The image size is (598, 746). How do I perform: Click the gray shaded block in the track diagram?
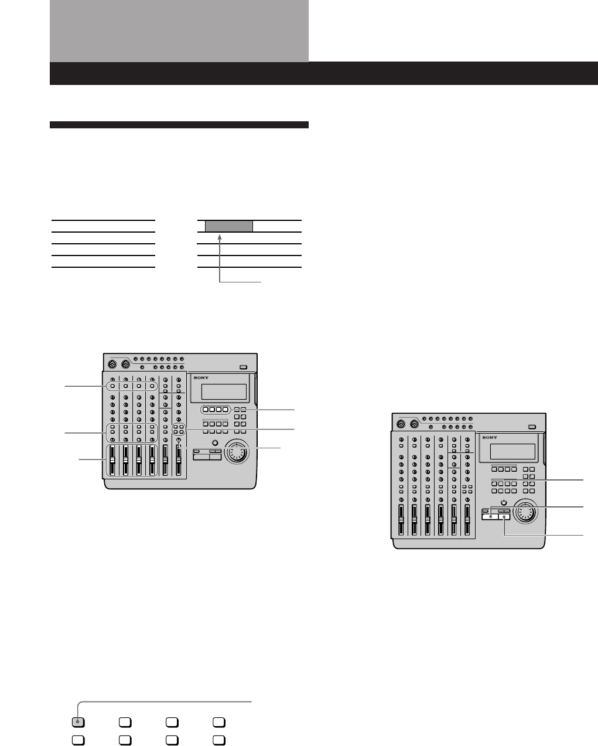(x=229, y=226)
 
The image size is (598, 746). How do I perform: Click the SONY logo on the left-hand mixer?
(x=202, y=378)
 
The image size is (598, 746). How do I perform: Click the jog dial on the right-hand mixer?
(x=526, y=511)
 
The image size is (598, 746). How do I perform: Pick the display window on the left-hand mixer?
(x=223, y=391)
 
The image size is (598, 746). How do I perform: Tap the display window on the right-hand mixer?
(x=512, y=451)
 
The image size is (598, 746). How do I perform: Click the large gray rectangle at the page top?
(x=179, y=30)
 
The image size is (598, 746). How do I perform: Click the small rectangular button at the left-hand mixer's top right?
(x=244, y=368)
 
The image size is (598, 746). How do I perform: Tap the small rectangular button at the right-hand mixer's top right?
(x=531, y=427)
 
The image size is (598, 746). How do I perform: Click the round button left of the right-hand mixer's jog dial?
(x=503, y=502)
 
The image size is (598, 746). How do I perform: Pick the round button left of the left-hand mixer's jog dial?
(x=215, y=443)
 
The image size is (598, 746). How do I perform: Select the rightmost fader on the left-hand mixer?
(x=178, y=461)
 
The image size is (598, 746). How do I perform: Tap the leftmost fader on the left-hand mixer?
(x=112, y=461)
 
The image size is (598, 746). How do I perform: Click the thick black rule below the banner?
(x=179, y=124)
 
